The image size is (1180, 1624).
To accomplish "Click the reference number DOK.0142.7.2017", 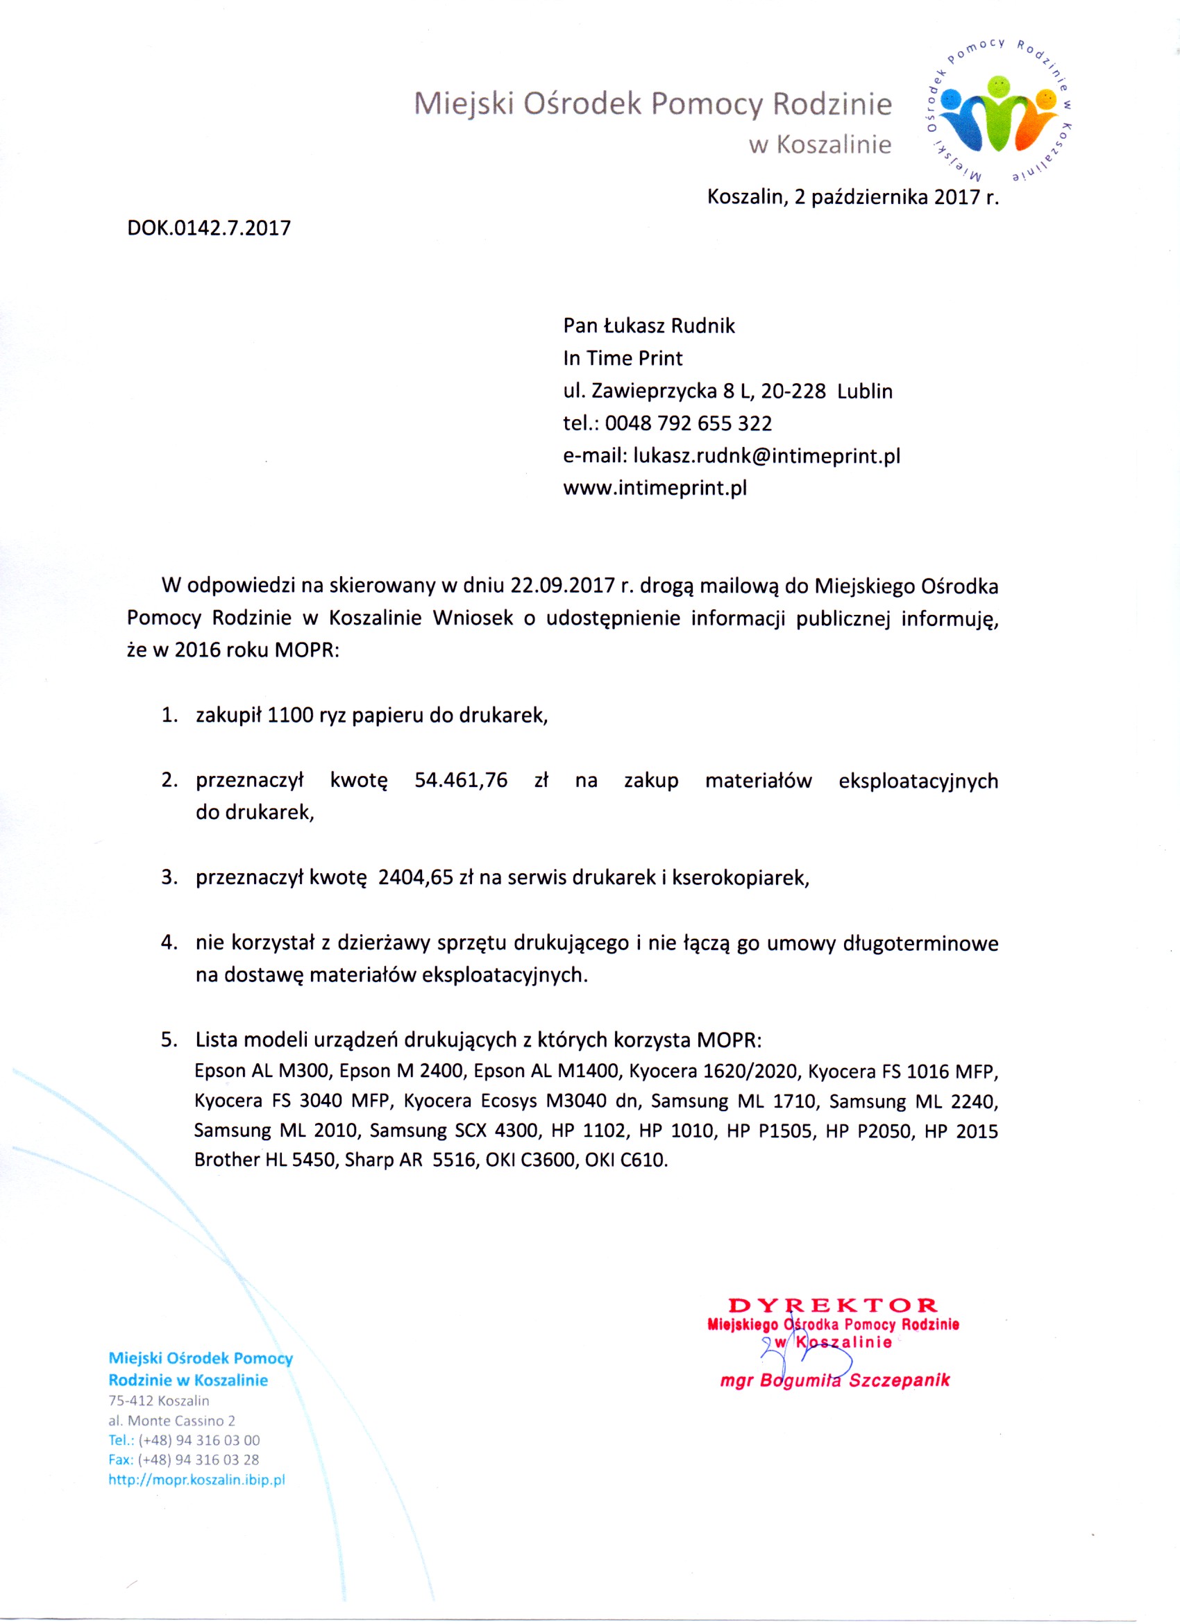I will (x=209, y=228).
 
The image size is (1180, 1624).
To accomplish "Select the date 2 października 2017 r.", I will (x=895, y=197).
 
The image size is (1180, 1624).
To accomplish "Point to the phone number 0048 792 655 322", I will (x=688, y=423).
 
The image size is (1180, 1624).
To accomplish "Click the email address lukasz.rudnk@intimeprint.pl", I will (x=766, y=456).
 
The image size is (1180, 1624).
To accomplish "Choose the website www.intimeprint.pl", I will (x=655, y=489).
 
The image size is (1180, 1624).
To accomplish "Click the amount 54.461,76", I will (x=460, y=780).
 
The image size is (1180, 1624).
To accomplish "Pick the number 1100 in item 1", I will (x=290, y=716).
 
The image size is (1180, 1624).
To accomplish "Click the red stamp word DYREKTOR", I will (x=832, y=1305).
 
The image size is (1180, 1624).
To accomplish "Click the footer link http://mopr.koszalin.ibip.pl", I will (x=197, y=1480).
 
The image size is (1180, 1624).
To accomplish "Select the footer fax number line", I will (x=183, y=1460).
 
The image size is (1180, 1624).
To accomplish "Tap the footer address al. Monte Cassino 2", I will (x=172, y=1421).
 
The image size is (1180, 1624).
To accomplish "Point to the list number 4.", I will (x=168, y=943).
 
